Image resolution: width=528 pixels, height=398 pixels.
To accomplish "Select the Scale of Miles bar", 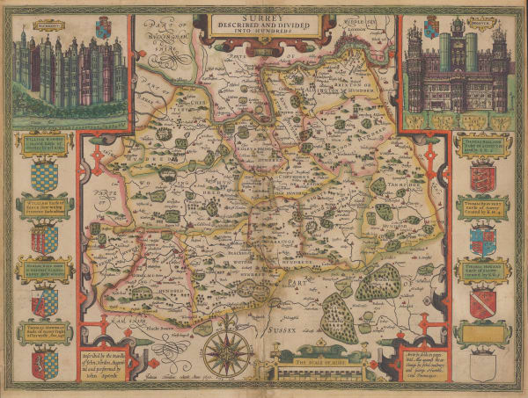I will [x=310, y=358].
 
